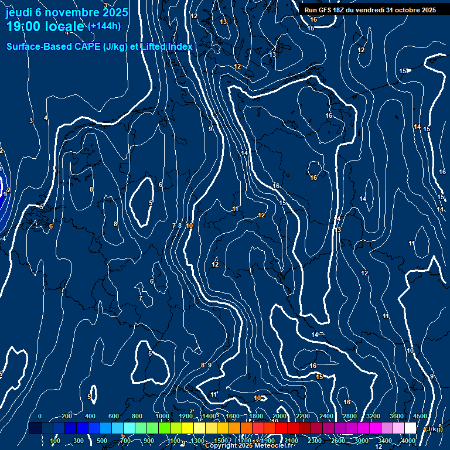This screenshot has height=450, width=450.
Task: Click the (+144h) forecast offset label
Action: coord(104,26)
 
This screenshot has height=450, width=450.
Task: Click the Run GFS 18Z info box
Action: coord(370,10)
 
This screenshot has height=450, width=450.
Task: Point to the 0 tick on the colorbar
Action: coord(39,416)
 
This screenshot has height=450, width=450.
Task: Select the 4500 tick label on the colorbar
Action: coord(420,416)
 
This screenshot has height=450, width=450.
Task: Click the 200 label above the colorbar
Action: coord(66,416)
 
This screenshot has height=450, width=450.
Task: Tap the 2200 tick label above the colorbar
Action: coord(303,416)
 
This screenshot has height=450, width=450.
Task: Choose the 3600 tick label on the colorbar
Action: coord(397,416)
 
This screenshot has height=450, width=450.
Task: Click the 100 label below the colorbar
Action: coord(55,441)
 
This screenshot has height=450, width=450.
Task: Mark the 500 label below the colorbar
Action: coord(102,441)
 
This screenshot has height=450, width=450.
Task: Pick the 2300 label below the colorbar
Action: coord(315,441)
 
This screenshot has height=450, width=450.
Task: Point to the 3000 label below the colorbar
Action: coord(362,441)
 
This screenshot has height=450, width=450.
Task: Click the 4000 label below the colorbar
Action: coord(408,441)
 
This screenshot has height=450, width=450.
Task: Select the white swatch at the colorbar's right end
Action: coord(410,428)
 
